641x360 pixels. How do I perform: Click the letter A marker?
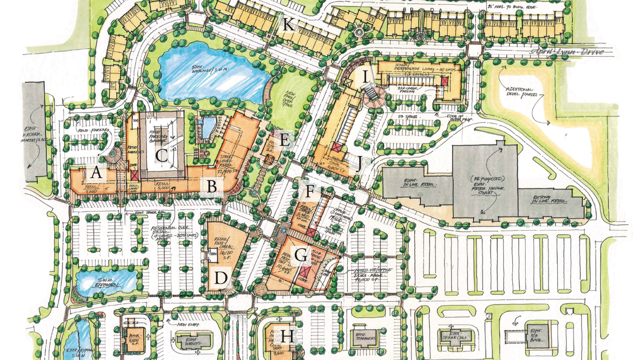[x=96, y=173]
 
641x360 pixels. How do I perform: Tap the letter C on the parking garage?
[x=161, y=156]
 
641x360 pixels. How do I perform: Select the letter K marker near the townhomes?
[x=288, y=25]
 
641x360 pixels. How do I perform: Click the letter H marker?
[x=287, y=336]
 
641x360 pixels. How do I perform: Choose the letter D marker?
[x=221, y=278]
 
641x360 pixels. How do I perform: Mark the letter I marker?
[x=365, y=77]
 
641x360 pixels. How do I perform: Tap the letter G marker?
[x=301, y=256]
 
